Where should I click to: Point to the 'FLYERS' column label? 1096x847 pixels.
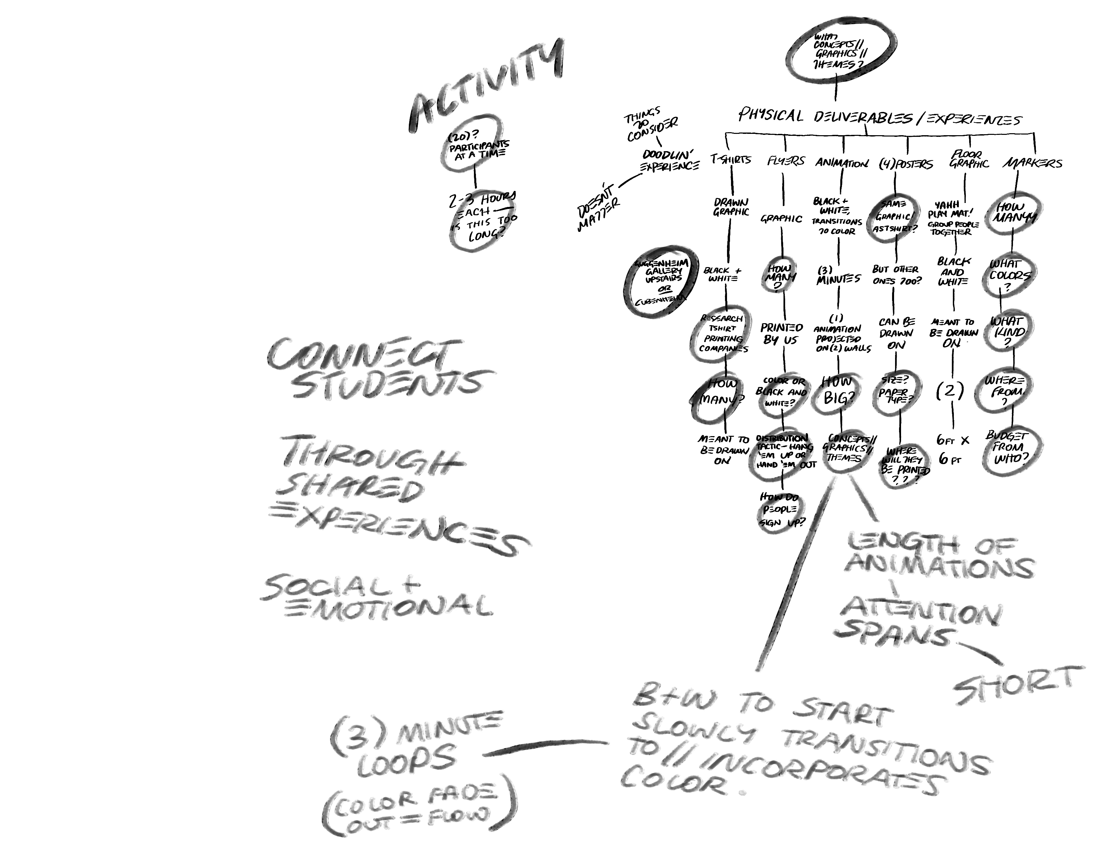[x=785, y=161]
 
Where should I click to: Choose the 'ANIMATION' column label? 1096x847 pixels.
[x=842, y=162]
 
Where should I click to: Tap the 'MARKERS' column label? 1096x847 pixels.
[x=1032, y=163]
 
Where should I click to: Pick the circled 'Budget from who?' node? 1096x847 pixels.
[x=1013, y=447]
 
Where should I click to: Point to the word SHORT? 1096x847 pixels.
[x=1014, y=685]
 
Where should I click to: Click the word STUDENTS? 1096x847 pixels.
[x=386, y=384]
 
